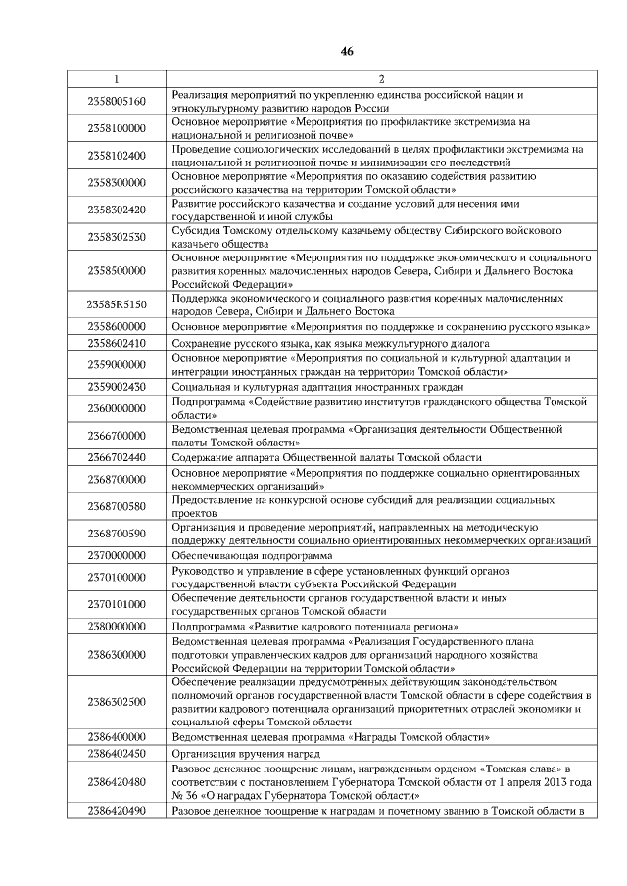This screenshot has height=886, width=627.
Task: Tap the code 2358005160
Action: tap(116, 101)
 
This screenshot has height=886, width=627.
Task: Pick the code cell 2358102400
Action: tap(116, 155)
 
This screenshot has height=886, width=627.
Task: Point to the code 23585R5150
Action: tap(116, 304)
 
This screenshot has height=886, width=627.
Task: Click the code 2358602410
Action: tap(116, 344)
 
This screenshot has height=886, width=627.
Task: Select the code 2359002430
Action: tap(116, 387)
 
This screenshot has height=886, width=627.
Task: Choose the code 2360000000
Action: tap(116, 407)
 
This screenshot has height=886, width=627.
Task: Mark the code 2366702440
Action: tap(116, 457)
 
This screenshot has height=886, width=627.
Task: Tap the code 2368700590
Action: tap(116, 533)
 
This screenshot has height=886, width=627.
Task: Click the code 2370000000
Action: tap(116, 554)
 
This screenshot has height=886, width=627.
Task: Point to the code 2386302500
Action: tap(116, 702)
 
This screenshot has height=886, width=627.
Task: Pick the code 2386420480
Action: tap(116, 781)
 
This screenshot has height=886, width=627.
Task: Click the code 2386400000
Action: tap(116, 736)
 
